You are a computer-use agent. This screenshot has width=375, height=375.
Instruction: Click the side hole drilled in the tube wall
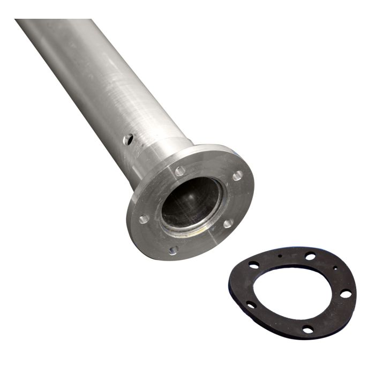127,140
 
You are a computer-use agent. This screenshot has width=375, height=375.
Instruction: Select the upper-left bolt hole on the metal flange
180,171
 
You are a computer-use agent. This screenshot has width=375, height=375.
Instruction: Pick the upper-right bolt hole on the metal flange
237,175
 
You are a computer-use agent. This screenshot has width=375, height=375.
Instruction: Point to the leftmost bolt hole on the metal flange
144,219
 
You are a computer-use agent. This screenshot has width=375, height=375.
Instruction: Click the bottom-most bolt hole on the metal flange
173,250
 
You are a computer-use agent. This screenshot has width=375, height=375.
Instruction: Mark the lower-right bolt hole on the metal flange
228,223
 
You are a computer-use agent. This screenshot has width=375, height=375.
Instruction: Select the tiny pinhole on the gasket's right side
335,268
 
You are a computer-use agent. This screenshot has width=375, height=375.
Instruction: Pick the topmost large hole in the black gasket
310,256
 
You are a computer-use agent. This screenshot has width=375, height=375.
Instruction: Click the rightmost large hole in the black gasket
346,294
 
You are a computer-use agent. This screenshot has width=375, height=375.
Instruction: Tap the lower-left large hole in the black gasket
251,305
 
